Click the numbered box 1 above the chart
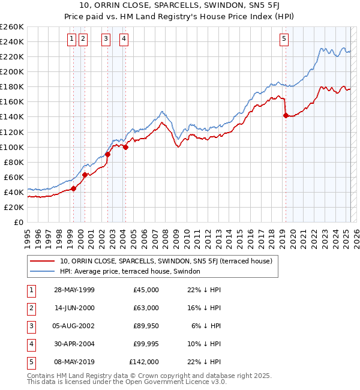tap(71, 40)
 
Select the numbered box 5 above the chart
tap(284, 40)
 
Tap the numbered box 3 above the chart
tap(106, 40)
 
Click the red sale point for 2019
tap(286, 115)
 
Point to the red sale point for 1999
tap(74, 188)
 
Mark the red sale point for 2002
tap(108, 154)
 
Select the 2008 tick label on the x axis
tap(165, 235)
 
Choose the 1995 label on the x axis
tap(28, 235)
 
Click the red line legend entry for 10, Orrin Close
tap(166, 261)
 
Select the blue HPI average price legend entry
tap(134, 271)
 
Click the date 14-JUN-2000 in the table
tap(74, 308)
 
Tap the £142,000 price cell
tap(144, 362)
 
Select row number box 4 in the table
tap(31, 344)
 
